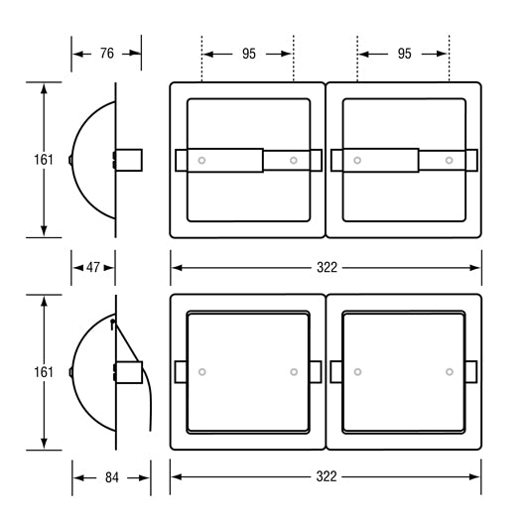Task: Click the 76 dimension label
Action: click(107, 54)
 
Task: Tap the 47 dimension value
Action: click(92, 268)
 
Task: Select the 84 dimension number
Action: click(112, 477)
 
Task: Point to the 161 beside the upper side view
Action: click(44, 160)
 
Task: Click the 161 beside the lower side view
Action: click(44, 372)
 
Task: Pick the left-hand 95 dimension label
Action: click(249, 54)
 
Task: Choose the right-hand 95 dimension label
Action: click(404, 54)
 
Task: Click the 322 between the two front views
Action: click(327, 268)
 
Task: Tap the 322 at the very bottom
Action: click(326, 476)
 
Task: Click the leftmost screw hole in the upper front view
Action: click(201, 161)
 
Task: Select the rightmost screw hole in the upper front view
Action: click(449, 161)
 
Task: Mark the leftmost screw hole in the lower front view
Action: click(202, 372)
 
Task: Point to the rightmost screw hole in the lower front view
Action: click(450, 372)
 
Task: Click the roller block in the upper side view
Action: click(129, 160)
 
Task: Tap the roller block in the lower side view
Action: click(129, 372)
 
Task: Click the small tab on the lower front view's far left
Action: click(181, 372)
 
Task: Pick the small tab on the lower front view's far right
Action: click(470, 372)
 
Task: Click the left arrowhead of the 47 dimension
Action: click(78, 268)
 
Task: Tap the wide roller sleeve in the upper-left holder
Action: click(225, 161)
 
